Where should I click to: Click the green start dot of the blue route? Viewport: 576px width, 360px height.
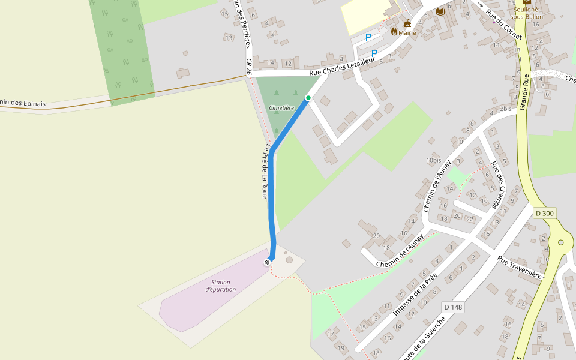[x=308, y=97]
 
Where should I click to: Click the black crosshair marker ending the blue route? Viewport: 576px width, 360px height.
[x=267, y=262]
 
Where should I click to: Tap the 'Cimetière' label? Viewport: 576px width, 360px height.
[x=281, y=108]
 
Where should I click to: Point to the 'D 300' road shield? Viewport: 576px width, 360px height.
[x=545, y=213]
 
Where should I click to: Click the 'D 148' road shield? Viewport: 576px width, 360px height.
[x=453, y=307]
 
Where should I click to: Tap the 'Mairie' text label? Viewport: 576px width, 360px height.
[x=407, y=32]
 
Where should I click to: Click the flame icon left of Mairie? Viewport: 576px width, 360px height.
[x=394, y=31]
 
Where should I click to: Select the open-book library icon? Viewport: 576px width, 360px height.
[x=440, y=12]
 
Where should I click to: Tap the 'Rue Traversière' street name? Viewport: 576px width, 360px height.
[x=520, y=268]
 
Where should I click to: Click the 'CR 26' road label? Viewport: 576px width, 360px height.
[x=248, y=66]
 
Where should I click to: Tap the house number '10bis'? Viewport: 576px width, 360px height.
[x=434, y=160]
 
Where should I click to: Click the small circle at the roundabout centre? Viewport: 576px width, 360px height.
[x=561, y=242]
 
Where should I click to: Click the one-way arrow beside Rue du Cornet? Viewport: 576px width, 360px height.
[x=480, y=4]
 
